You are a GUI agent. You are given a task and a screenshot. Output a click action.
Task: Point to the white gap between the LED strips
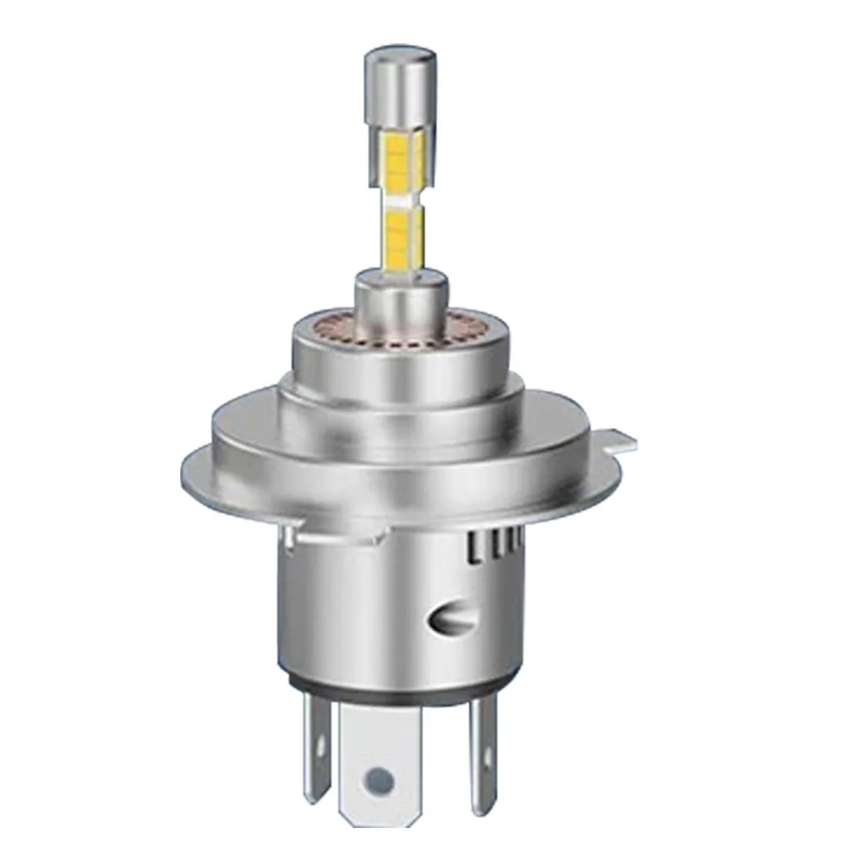[x=396, y=198]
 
